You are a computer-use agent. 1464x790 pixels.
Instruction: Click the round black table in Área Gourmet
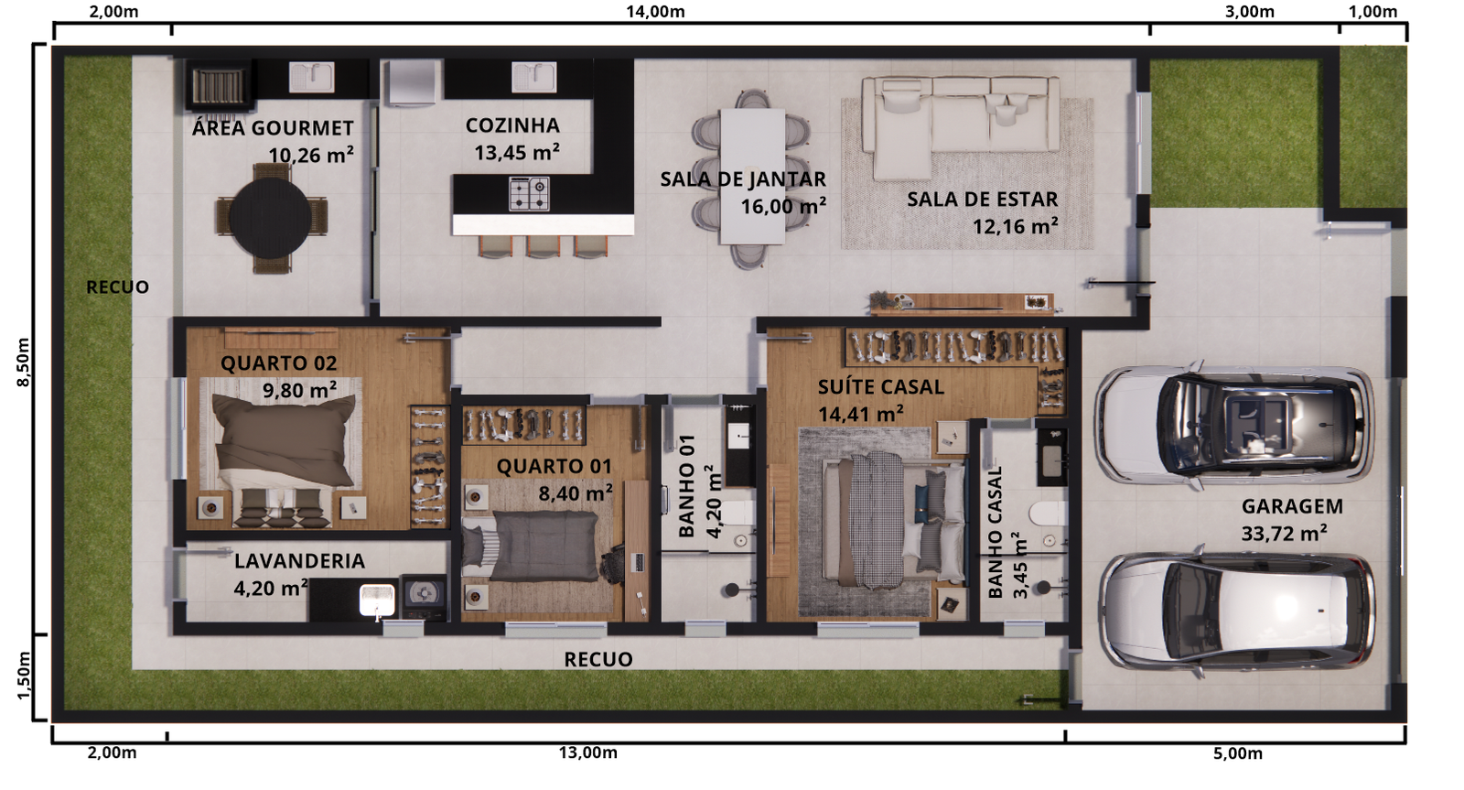pyautogui.click(x=271, y=217)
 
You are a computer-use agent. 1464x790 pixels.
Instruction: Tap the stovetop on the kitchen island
pyautogui.click(x=529, y=193)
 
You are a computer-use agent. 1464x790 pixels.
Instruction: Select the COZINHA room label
pyautogui.click(x=512, y=124)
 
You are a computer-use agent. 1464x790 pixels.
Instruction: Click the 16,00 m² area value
pyautogui.click(x=783, y=206)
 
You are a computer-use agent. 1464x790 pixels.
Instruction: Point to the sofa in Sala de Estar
pyautogui.click(x=960, y=125)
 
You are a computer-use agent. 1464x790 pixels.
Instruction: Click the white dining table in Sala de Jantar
pyautogui.click(x=751, y=176)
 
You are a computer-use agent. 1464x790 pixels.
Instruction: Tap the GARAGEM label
pyautogui.click(x=1292, y=506)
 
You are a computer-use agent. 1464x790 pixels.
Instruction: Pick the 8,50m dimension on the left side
pyautogui.click(x=23, y=363)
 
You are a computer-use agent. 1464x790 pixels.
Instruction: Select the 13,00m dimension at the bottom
pyautogui.click(x=587, y=752)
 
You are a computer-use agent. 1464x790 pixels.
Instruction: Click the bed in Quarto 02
pyautogui.click(x=281, y=451)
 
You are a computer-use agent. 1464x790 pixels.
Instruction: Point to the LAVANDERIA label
pyautogui.click(x=299, y=561)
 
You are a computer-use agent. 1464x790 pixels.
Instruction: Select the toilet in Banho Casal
pyautogui.click(x=1048, y=514)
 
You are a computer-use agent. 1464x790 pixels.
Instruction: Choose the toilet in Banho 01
pyautogui.click(x=737, y=514)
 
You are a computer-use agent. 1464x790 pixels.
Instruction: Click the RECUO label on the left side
pyautogui.click(x=118, y=287)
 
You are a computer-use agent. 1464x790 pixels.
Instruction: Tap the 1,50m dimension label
pyautogui.click(x=23, y=676)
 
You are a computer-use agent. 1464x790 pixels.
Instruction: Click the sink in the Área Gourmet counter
pyautogui.click(x=312, y=77)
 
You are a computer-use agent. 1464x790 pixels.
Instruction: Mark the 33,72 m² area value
pyautogui.click(x=1285, y=534)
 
